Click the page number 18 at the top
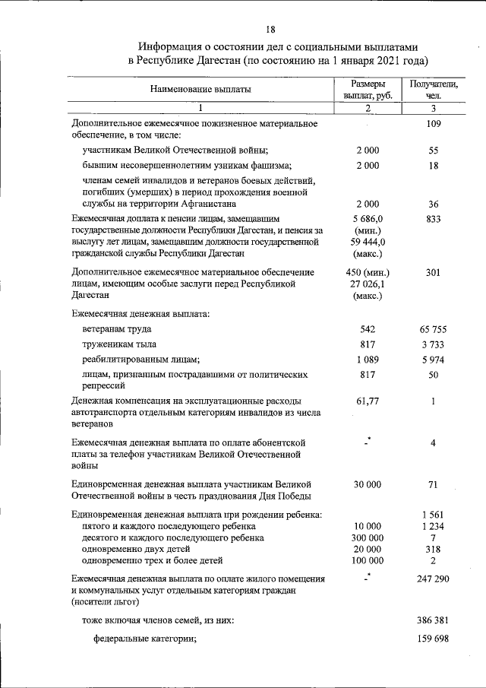click(270, 30)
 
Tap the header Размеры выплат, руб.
click(368, 90)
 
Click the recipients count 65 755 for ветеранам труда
click(434, 329)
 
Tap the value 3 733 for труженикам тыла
click(434, 344)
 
